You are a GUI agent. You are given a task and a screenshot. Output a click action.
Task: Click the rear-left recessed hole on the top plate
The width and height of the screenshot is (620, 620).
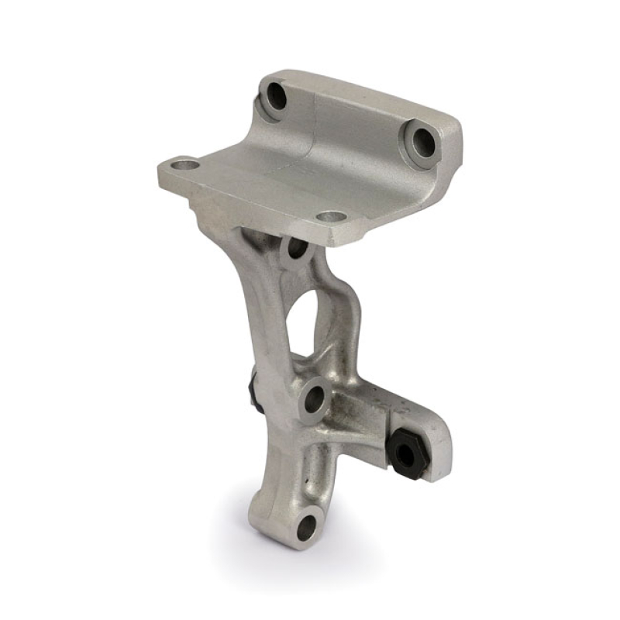(276, 98)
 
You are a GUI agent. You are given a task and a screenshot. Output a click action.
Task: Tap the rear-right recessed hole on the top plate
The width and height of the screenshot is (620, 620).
(422, 141)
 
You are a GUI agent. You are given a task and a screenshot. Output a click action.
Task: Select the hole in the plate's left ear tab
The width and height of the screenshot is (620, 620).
(183, 164)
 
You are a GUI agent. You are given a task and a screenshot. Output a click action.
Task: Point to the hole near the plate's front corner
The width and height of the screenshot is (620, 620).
(331, 217)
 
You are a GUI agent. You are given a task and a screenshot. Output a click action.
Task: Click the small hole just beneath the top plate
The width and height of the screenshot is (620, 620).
(295, 250)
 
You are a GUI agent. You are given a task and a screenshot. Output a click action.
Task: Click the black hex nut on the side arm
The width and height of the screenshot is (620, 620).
(405, 447)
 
